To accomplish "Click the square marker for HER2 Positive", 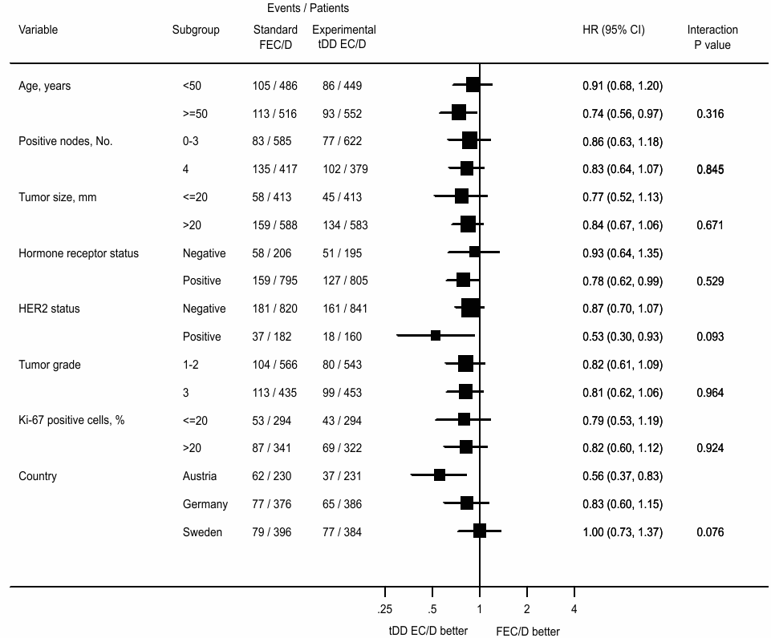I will pyautogui.click(x=436, y=336).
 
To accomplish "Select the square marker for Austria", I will pyautogui.click(x=440, y=475).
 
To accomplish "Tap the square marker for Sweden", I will pyautogui.click(x=480, y=531).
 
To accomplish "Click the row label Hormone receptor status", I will pyautogui.click(x=79, y=253).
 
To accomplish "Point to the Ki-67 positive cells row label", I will pyautogui.click(x=71, y=420).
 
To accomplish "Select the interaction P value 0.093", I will pyautogui.click(x=710, y=337).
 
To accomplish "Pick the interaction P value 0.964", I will pyautogui.click(x=710, y=393).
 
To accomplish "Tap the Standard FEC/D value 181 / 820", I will pyautogui.click(x=273, y=309).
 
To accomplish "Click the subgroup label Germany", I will pyautogui.click(x=205, y=504).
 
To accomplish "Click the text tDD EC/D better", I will pyautogui.click(x=428, y=632).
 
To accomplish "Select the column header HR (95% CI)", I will pyautogui.click(x=613, y=30).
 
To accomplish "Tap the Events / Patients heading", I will pyautogui.click(x=308, y=8).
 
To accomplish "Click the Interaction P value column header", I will pyautogui.click(x=712, y=38).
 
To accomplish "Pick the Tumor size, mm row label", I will pyautogui.click(x=57, y=197).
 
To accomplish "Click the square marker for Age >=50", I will pyautogui.click(x=459, y=113).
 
